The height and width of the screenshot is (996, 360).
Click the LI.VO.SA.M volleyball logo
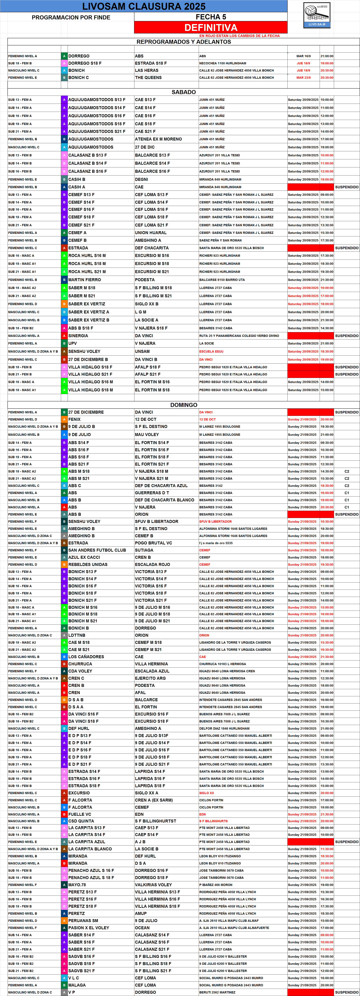point(317,15)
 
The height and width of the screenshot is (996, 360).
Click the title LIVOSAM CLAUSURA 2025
point(144,6)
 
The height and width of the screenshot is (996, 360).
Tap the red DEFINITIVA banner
point(211,27)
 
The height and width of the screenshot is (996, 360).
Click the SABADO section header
point(184,92)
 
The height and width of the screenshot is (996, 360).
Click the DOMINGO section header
point(184,405)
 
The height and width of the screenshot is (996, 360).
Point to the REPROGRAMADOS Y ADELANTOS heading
point(184,42)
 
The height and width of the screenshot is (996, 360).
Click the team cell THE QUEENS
point(148,78)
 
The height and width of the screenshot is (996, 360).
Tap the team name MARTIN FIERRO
point(85,280)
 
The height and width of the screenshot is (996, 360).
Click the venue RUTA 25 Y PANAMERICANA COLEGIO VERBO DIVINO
point(239,336)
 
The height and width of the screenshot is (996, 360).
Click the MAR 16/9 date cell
point(303,56)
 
